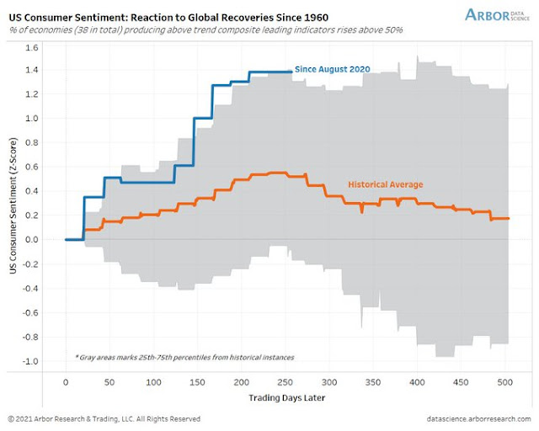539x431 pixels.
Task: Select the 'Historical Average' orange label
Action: coord(386,184)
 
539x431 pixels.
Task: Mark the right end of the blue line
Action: coord(291,72)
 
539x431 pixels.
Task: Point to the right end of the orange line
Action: coord(509,219)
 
